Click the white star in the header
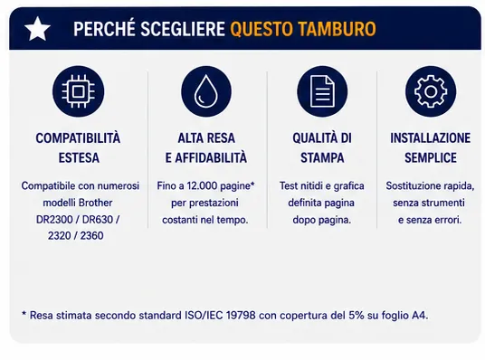(x=37, y=28)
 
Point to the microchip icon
(x=78, y=91)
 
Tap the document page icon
(x=322, y=91)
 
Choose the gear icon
(x=431, y=91)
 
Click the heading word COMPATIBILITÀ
(x=78, y=138)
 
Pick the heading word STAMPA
(x=322, y=158)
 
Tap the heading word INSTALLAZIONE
(x=430, y=138)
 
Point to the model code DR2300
(x=54, y=220)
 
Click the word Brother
(x=95, y=203)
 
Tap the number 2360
(x=91, y=236)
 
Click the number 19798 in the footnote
(x=241, y=316)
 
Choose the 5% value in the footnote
(x=357, y=316)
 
